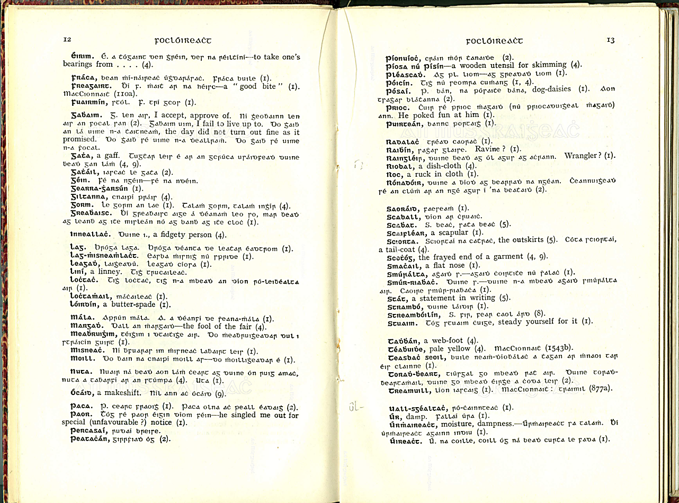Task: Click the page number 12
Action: coord(67,40)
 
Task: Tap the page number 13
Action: coord(611,40)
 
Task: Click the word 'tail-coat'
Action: coord(397,249)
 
